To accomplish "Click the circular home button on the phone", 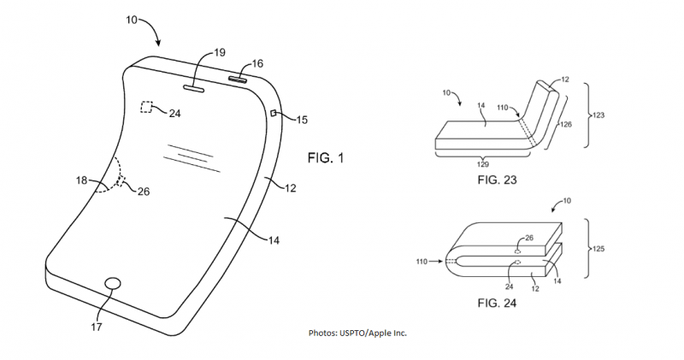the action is [114, 283].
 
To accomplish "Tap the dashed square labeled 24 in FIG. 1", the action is [146, 107].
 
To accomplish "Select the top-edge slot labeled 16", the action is [238, 79].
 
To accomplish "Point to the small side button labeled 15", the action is [273, 114].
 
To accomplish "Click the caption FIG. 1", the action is [326, 158].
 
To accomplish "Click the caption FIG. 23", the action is [497, 180].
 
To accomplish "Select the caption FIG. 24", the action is [497, 303].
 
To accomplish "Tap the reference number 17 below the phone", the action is [96, 327].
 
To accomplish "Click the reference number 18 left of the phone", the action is [81, 180].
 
